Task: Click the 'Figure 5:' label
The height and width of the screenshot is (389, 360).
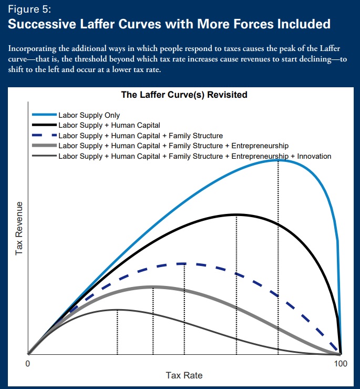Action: [29, 9]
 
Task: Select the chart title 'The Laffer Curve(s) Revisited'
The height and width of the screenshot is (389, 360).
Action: [184, 95]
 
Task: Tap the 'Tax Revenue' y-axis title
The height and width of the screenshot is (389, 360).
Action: [19, 228]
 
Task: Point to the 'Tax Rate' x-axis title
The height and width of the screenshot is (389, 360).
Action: [184, 375]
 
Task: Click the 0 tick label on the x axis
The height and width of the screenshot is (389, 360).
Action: [27, 364]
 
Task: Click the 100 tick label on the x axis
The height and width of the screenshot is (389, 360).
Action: [341, 364]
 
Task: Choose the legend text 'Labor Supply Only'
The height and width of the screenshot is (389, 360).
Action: [89, 115]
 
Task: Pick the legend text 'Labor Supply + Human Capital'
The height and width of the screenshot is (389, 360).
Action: [109, 125]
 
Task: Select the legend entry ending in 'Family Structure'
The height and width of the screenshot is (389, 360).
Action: [141, 136]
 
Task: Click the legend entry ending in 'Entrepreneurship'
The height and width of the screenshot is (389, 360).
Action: [173, 146]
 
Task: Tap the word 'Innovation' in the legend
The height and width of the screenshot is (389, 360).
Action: [314, 156]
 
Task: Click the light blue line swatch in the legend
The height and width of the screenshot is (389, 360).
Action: [45, 115]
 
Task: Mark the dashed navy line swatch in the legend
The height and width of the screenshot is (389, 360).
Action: [45, 135]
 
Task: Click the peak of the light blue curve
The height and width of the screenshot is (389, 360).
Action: [278, 160]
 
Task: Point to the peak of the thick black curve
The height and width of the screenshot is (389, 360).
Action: [236, 214]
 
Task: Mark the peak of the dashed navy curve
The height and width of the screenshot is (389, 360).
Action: [184, 264]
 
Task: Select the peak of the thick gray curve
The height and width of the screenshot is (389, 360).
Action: [153, 287]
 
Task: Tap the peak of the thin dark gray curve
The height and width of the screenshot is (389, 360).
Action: [117, 310]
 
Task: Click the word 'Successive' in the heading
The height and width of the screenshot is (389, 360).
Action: [42, 24]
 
